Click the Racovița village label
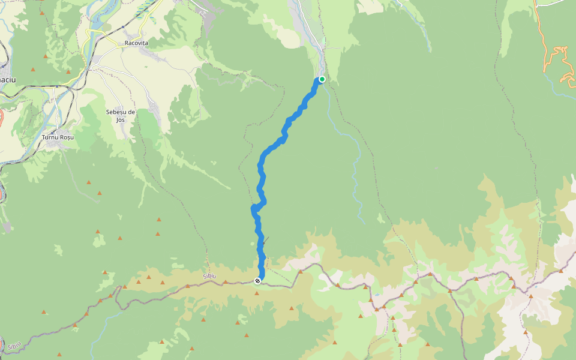tap(136, 43)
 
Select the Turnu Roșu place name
tap(58, 137)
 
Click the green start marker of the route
tap(322, 79)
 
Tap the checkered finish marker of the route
tap(257, 281)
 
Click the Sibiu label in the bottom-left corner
tap(14, 346)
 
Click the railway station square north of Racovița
tap(123, 27)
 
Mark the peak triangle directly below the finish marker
tap(257, 293)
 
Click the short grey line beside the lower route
tap(265, 239)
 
